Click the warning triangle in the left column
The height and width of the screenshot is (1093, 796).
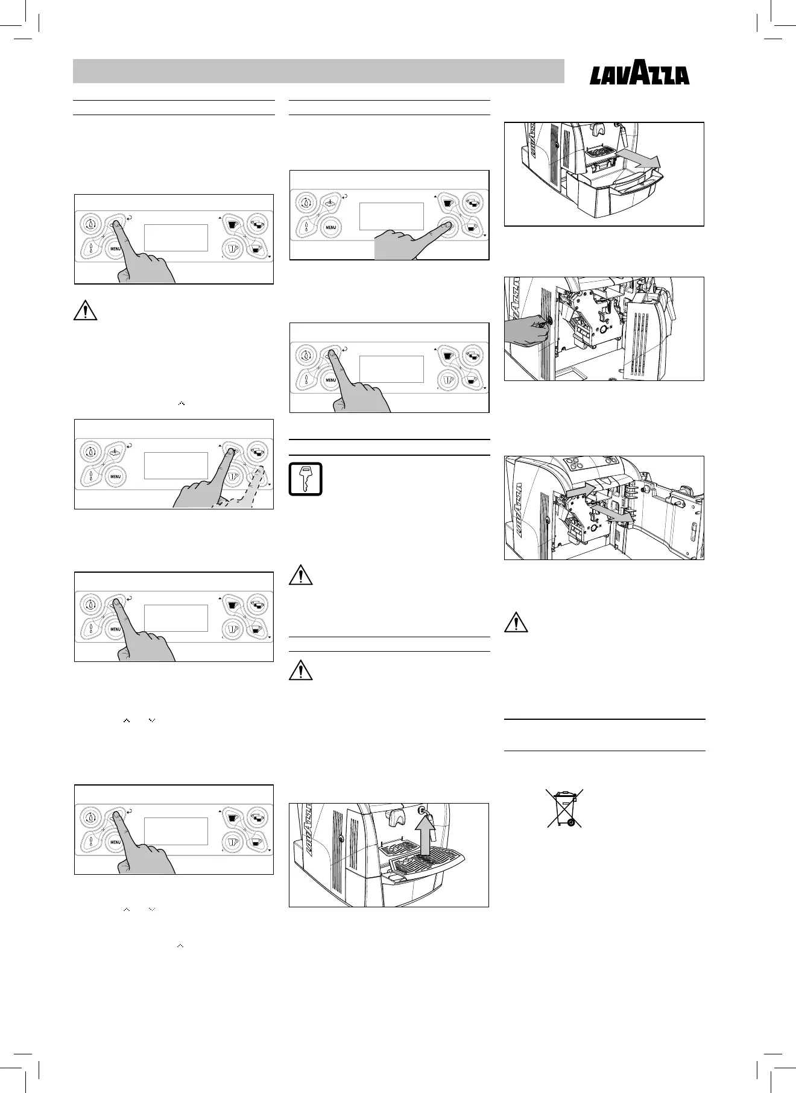click(x=85, y=310)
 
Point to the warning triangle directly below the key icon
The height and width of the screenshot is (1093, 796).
click(x=301, y=576)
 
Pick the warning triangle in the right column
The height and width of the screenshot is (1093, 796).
click(x=516, y=622)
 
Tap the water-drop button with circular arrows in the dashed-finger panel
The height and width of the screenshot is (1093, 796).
click(x=91, y=451)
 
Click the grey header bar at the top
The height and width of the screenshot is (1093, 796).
click(x=318, y=71)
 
